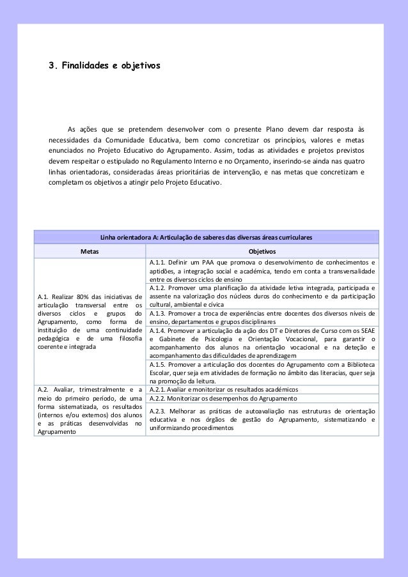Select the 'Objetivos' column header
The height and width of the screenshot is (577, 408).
[x=262, y=251]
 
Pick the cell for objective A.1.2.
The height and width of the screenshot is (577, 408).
[x=262, y=296]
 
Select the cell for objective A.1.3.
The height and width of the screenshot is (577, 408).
[x=262, y=318]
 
